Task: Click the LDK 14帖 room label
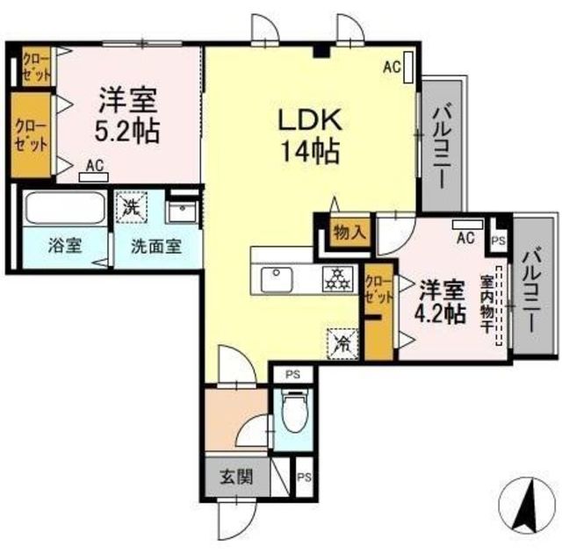310,136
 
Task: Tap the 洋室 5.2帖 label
127,115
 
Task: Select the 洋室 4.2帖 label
441,301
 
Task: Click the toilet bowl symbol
294,413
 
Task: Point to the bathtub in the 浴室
65,208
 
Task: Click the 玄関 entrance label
236,477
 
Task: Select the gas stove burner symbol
336,279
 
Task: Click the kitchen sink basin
276,279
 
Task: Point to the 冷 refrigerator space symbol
342,344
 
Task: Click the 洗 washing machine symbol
131,207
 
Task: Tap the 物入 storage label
350,233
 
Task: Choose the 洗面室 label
156,246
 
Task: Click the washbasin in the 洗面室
182,212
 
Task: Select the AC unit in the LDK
407,68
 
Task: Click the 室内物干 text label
486,304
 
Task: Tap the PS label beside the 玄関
305,478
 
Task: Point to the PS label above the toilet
292,374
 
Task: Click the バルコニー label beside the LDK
442,145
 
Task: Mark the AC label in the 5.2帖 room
96,166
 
